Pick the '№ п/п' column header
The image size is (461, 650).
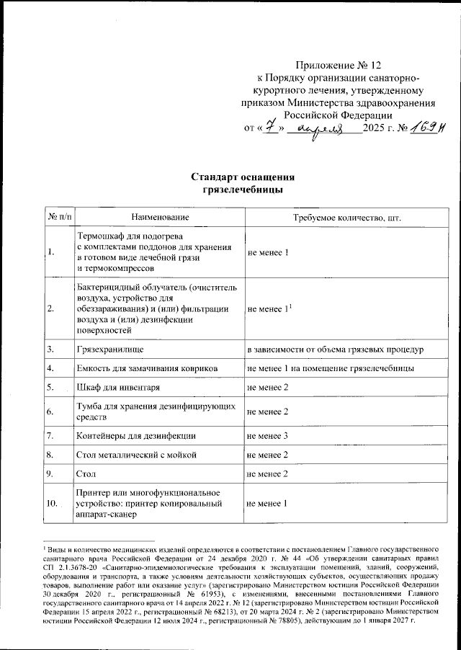59,217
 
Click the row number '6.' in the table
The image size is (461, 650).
50,411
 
